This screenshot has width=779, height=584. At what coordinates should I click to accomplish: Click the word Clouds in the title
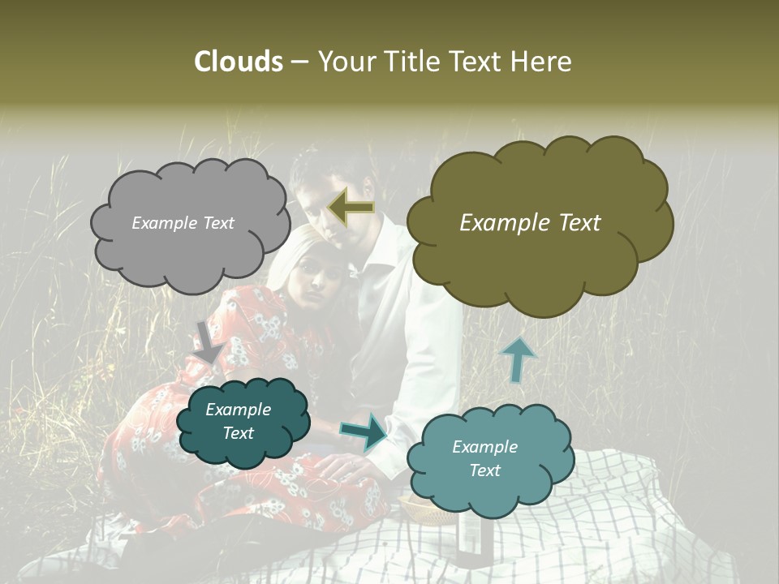tap(239, 62)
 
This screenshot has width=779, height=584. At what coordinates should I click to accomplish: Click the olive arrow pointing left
tap(351, 208)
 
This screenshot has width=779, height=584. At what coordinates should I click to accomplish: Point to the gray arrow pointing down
tap(209, 341)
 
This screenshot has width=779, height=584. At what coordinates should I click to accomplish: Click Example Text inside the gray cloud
tap(183, 223)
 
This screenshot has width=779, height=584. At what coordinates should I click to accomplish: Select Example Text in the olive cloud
tap(530, 223)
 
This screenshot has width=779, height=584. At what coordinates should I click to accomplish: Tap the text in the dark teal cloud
tap(239, 421)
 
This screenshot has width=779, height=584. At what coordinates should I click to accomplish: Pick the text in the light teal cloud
tap(484, 458)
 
